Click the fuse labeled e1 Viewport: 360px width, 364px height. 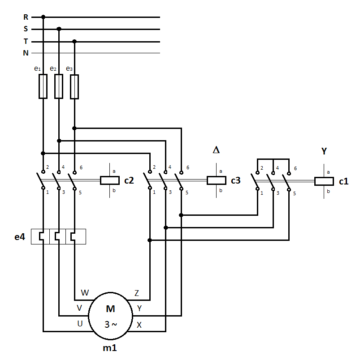(43, 86)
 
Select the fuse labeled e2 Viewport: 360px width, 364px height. (59, 86)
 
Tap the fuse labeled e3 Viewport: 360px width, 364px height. (74, 86)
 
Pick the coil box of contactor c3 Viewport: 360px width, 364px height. (216, 180)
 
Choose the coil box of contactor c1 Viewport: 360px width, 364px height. (324, 181)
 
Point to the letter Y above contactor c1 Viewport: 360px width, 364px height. (324, 151)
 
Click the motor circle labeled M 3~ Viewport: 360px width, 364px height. (110, 316)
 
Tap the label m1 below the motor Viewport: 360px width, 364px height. (110, 348)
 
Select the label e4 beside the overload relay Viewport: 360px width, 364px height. (19, 237)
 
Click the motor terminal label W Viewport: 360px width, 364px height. (85, 293)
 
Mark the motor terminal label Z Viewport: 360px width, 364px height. (137, 293)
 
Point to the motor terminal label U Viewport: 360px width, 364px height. (80, 324)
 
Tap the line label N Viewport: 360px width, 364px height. (26, 53)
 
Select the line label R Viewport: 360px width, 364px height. (26, 17)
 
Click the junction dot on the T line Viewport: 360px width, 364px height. (74, 42)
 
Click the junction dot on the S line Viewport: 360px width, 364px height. (59, 29)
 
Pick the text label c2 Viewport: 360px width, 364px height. (129, 181)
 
